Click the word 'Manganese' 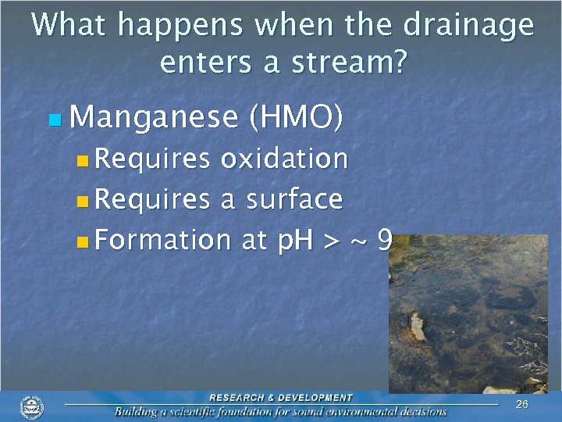tap(153, 117)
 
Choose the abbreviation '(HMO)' tap(294, 117)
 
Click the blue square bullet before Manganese tap(54, 120)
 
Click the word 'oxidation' tap(283, 159)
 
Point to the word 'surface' tap(293, 199)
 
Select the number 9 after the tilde tap(383, 240)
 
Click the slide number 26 tap(521, 404)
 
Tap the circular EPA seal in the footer tap(32, 406)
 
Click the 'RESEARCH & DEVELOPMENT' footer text tap(280, 398)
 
